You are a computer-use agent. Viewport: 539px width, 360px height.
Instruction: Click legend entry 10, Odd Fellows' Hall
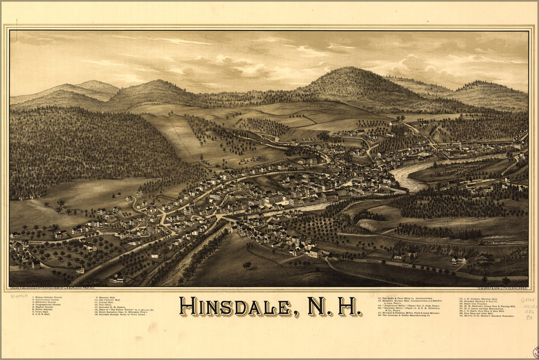pos(108,300)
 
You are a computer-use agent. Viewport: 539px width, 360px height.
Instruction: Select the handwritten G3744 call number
pos(528,300)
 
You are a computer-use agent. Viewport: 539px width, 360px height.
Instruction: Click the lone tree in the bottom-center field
pos(247,265)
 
